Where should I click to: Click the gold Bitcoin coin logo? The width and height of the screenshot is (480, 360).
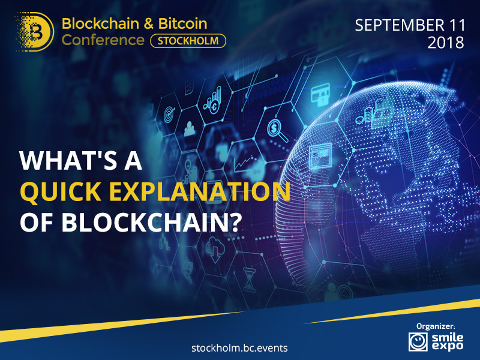click(35, 32)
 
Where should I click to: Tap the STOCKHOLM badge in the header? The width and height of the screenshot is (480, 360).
click(188, 41)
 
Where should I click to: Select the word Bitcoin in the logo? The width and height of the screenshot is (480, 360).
click(183, 24)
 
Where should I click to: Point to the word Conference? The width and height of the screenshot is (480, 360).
click(103, 40)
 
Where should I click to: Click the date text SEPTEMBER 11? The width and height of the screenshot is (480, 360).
click(410, 25)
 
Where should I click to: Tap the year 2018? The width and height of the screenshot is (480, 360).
click(446, 43)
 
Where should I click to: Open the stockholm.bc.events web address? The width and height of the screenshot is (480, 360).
click(239, 348)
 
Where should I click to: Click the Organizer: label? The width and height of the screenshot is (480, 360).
click(436, 326)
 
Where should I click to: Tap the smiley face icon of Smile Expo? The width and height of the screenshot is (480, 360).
click(418, 341)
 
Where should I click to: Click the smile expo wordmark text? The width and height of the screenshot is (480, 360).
click(447, 341)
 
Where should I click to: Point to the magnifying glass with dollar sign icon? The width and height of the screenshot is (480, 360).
click(277, 130)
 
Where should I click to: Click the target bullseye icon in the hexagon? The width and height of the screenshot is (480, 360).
click(169, 114)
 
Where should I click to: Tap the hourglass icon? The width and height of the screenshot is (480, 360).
click(249, 279)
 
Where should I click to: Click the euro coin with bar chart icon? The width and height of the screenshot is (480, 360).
click(212, 100)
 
